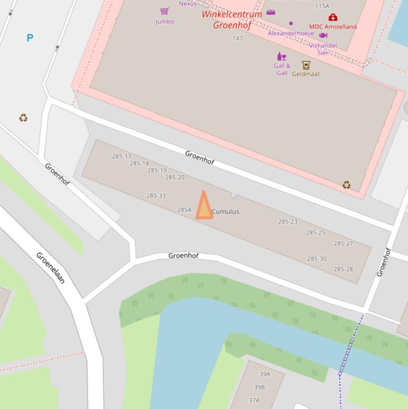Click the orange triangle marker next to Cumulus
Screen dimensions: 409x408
click(x=204, y=207)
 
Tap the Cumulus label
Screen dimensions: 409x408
click(x=225, y=211)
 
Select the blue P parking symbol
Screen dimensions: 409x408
click(x=30, y=38)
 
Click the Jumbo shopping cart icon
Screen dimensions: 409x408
click(x=164, y=11)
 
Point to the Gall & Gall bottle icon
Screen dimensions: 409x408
click(x=281, y=56)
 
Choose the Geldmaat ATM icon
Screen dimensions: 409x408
click(x=306, y=65)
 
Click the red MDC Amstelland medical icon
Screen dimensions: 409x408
click(x=333, y=18)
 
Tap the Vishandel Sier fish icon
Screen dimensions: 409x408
click(x=323, y=35)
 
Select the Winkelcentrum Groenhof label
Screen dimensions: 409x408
click(x=232, y=20)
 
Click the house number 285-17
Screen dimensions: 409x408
click(x=121, y=156)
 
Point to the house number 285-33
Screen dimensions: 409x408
click(x=156, y=195)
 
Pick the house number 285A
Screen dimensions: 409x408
click(x=184, y=210)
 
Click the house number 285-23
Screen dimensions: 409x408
click(x=288, y=221)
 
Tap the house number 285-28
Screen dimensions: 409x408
click(x=343, y=269)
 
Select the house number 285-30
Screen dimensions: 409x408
click(x=317, y=259)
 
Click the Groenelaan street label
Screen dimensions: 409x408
click(x=50, y=267)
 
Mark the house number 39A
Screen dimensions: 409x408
click(x=264, y=374)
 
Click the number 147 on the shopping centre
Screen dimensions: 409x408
click(x=237, y=38)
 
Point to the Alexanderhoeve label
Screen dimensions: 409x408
click(x=291, y=33)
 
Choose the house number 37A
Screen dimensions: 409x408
click(x=254, y=400)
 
